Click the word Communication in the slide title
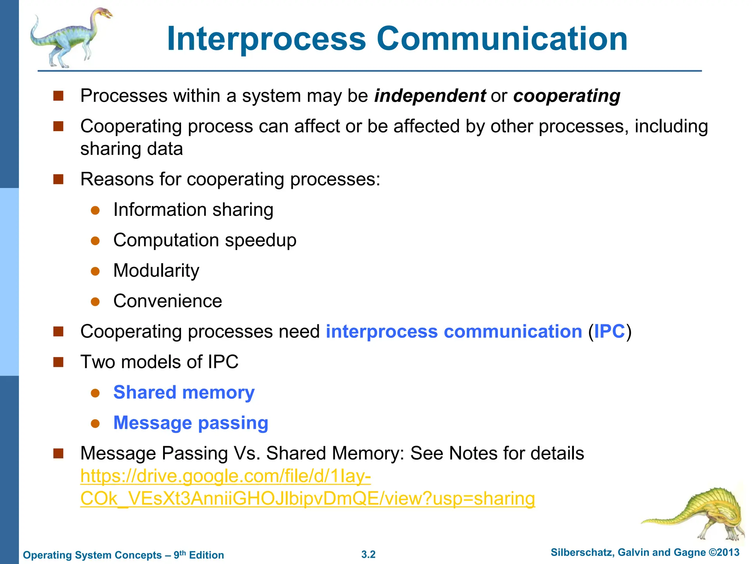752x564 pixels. pyautogui.click(x=502, y=39)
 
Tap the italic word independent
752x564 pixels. pyautogui.click(x=430, y=96)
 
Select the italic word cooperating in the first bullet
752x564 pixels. pyautogui.click(x=567, y=96)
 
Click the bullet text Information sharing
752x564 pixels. pyautogui.click(x=193, y=210)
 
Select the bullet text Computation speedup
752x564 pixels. pyautogui.click(x=205, y=241)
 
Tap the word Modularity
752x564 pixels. pyautogui.click(x=156, y=271)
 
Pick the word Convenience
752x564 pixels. pyautogui.click(x=167, y=301)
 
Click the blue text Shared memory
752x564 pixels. pyautogui.click(x=184, y=393)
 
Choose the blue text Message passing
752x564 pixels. pyautogui.click(x=191, y=423)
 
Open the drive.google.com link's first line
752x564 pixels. pyautogui.click(x=225, y=476)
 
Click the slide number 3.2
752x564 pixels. pyautogui.click(x=368, y=554)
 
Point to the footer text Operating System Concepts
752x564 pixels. pyautogui.click(x=92, y=555)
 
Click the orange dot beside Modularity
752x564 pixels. pyautogui.click(x=95, y=271)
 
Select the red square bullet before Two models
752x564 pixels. pyautogui.click(x=58, y=362)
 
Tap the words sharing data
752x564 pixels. pyautogui.click(x=131, y=149)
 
